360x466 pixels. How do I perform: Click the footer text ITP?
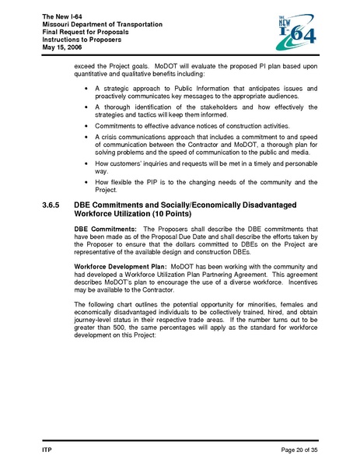[x=46, y=450]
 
